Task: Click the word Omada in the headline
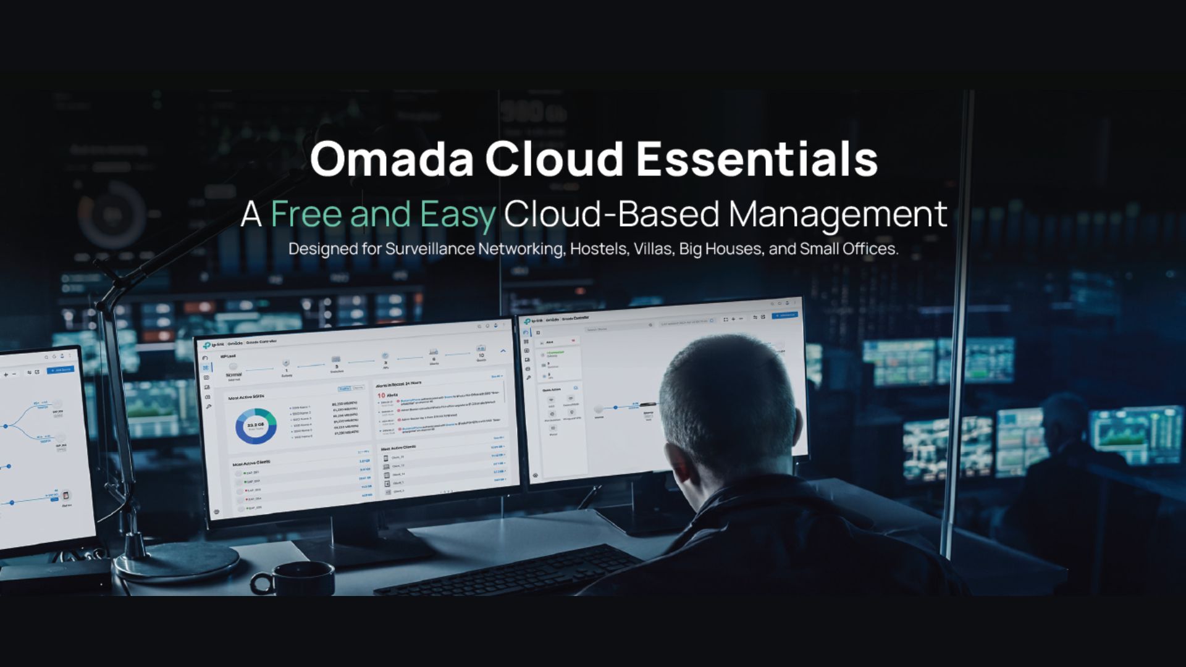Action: click(392, 159)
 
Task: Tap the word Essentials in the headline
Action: click(757, 159)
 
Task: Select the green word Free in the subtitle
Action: click(306, 214)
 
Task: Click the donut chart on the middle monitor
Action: click(256, 426)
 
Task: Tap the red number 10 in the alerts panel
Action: click(381, 395)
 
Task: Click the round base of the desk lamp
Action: click(176, 562)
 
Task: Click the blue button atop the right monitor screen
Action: click(784, 316)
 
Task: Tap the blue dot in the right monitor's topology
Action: click(615, 408)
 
